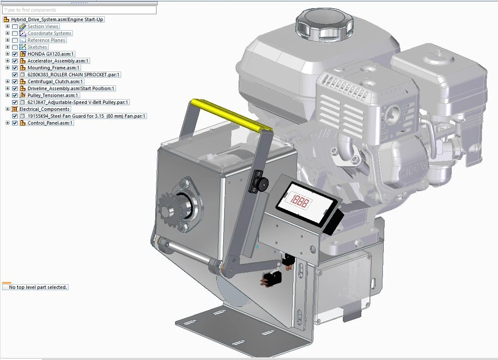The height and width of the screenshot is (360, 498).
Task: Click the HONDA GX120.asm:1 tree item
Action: click(x=50, y=54)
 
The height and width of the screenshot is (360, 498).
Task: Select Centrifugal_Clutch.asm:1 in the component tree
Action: click(x=55, y=81)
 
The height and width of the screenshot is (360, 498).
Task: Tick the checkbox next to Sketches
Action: click(x=15, y=47)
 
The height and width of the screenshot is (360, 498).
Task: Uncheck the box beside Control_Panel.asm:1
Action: click(x=15, y=123)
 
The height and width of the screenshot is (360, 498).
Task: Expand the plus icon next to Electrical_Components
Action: click(x=8, y=109)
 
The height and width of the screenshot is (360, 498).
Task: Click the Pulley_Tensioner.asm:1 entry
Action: click(x=53, y=95)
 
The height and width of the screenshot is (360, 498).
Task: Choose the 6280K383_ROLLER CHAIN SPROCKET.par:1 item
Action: click(x=73, y=75)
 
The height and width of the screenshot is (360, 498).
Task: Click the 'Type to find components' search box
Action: click(x=79, y=10)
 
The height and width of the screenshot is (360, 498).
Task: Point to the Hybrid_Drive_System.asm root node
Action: click(x=57, y=19)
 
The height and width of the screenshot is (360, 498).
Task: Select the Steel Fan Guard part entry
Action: click(x=86, y=116)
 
